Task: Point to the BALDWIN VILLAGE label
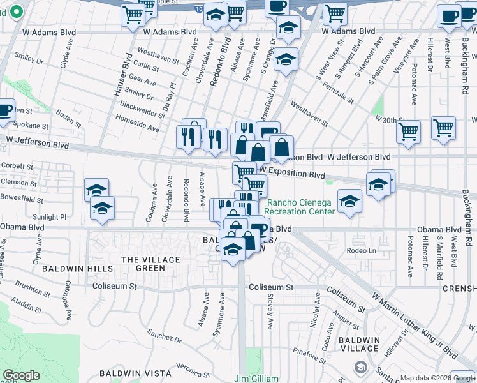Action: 360,344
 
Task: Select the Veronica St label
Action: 189,369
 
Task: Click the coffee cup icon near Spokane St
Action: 4,110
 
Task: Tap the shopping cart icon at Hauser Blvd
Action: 133,16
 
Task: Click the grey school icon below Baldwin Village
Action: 360,367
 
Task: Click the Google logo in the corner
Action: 22,375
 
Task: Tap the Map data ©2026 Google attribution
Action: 437,378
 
